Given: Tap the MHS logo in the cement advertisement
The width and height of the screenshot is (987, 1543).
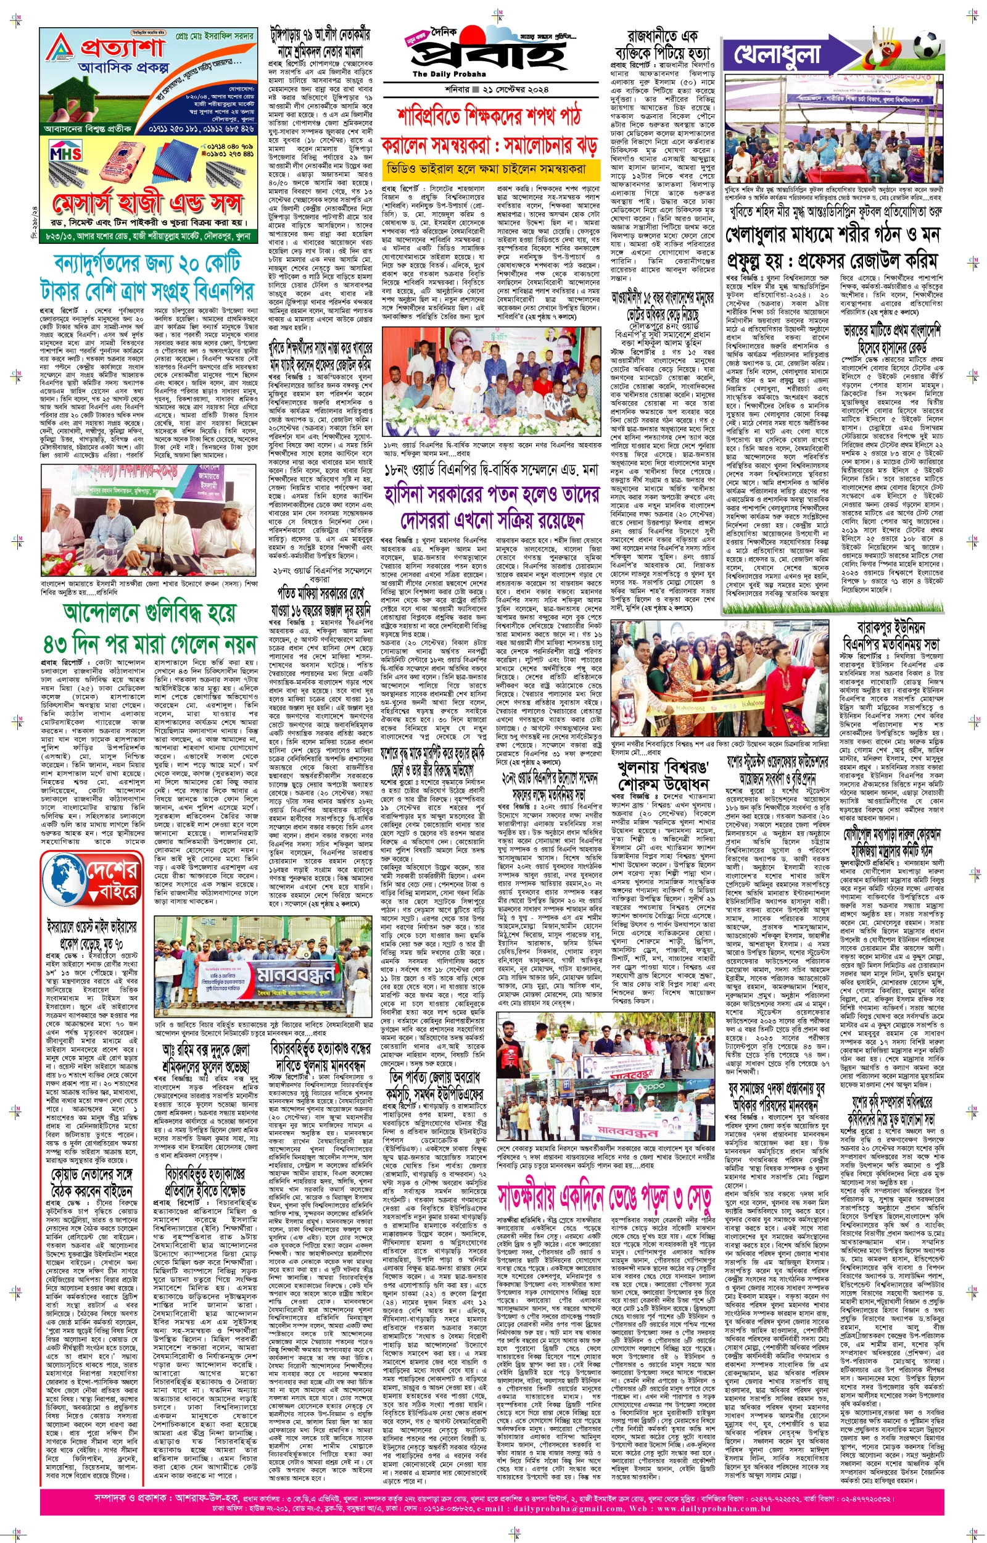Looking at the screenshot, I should (66, 154).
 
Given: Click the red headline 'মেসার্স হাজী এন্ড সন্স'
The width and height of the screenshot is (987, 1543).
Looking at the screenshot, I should (148, 203).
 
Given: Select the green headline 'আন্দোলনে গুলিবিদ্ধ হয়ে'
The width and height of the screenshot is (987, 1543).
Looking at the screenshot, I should (149, 613).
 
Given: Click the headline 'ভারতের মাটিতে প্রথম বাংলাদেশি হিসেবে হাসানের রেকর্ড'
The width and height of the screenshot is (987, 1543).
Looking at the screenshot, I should (891, 338).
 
